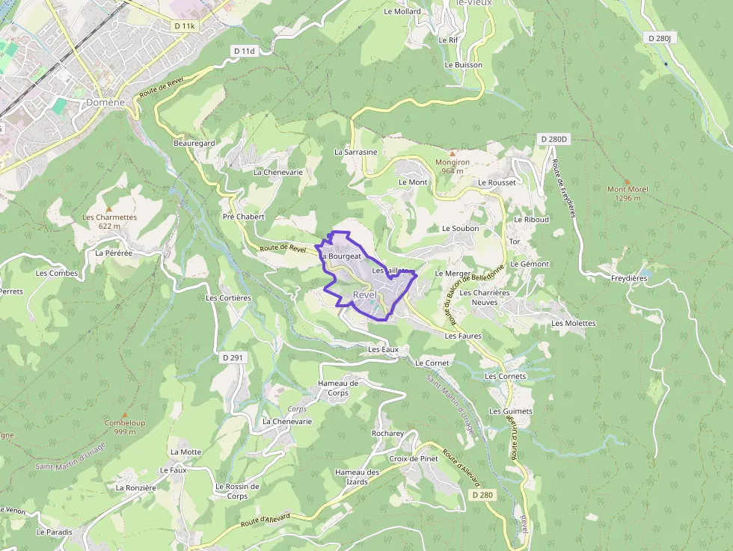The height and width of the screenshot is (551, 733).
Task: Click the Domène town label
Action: [105, 102]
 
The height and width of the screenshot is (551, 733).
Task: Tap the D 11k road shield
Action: [184, 26]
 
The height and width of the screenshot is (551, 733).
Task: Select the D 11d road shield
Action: [244, 51]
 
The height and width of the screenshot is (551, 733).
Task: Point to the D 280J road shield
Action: [661, 38]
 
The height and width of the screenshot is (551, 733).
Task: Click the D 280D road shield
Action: [554, 139]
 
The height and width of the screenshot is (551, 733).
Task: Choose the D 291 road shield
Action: [233, 358]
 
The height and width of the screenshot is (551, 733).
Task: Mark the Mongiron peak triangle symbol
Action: [453, 153]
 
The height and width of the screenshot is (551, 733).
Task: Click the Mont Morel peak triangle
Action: [627, 181]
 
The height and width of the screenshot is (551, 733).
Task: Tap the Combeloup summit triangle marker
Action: [125, 414]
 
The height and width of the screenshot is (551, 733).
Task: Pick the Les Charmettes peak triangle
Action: [109, 209]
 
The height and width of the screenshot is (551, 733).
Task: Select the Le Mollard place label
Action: [402, 11]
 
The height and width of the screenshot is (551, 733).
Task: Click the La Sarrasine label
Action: [355, 152]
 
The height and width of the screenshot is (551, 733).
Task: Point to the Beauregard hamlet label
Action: [194, 143]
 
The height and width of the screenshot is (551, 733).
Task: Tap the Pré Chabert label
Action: [244, 217]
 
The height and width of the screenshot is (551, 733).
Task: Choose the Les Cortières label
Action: [228, 298]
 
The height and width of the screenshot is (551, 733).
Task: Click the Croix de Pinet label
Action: [414, 458]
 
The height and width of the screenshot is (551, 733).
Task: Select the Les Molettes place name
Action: [573, 323]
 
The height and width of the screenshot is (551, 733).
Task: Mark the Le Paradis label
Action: [54, 532]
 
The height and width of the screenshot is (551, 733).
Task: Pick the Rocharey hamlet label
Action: [387, 433]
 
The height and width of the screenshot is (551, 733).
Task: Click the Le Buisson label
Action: [463, 65]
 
